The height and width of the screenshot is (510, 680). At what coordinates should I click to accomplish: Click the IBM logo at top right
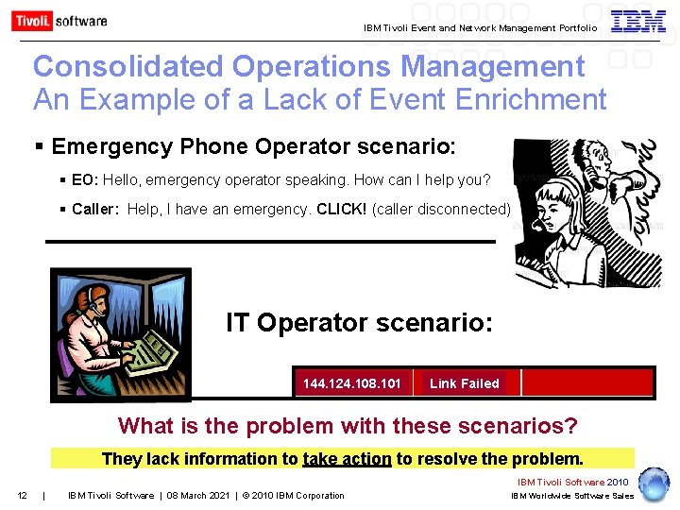tap(638, 22)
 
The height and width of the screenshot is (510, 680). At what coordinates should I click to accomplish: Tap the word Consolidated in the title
tap(128, 66)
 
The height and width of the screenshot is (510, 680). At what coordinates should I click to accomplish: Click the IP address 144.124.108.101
tap(352, 383)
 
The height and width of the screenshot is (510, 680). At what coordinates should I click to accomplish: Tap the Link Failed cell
tap(464, 383)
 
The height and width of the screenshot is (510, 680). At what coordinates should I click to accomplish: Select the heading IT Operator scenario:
tap(359, 324)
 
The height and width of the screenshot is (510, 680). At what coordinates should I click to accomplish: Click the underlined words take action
tap(347, 459)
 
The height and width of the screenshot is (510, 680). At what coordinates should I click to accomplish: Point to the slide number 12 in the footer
tap(22, 495)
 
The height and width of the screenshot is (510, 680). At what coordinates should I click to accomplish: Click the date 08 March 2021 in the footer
tap(199, 495)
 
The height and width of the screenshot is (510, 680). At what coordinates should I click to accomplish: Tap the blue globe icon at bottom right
tap(654, 484)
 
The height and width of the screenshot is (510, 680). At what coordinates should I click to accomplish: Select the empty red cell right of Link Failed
tap(586, 382)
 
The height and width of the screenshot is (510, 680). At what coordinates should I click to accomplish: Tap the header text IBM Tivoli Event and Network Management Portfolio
tap(480, 28)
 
